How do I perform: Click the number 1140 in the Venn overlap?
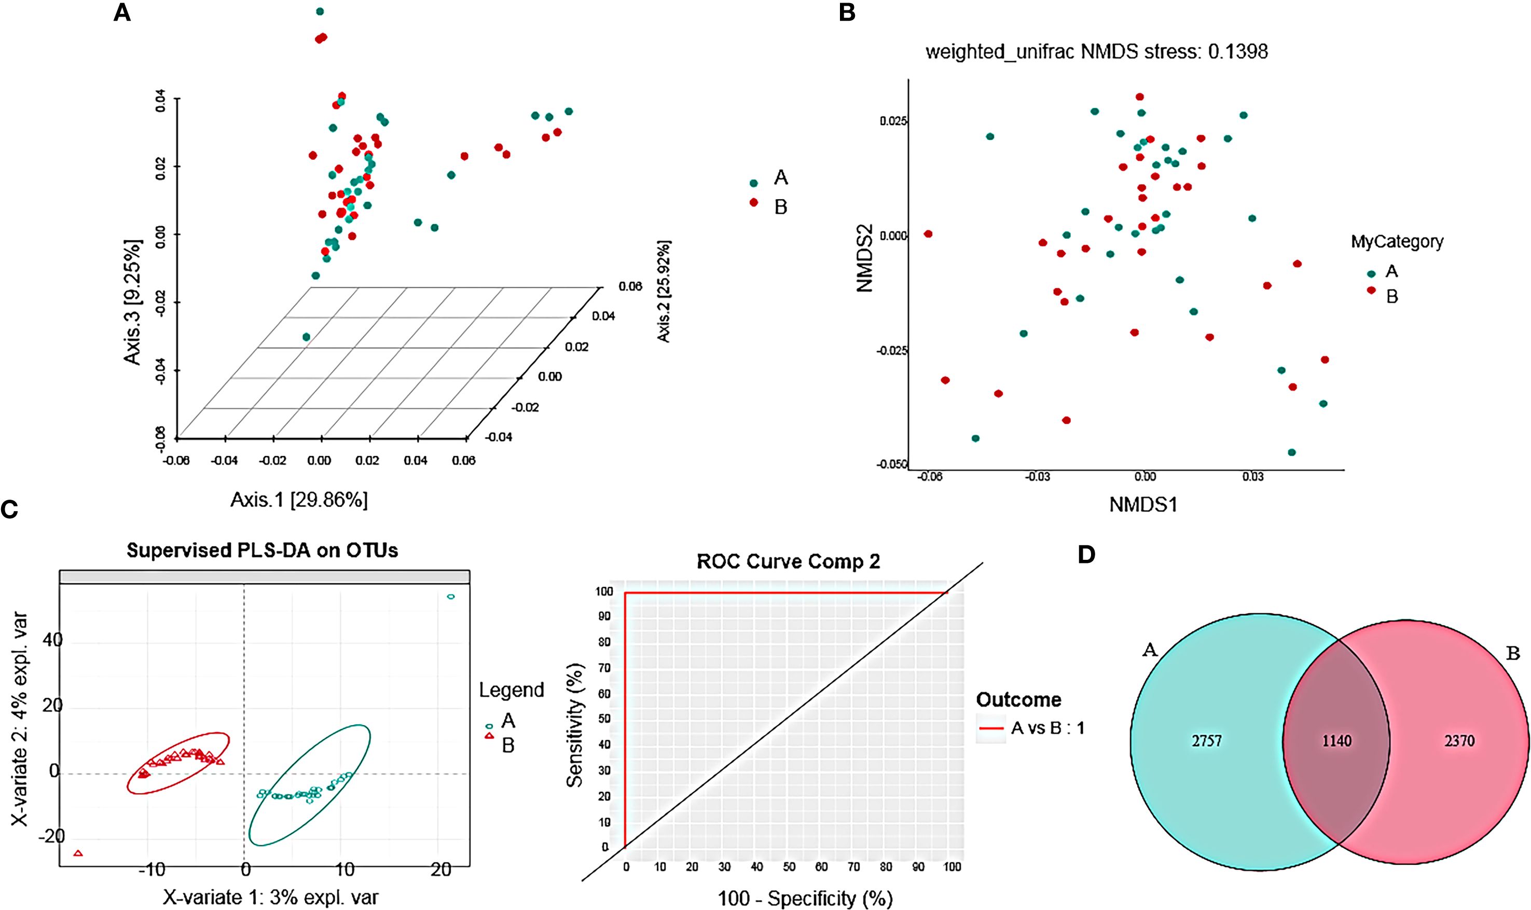pyautogui.click(x=1336, y=741)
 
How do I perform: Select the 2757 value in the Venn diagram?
pyautogui.click(x=1206, y=741)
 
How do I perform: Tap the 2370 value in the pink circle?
pyautogui.click(x=1459, y=741)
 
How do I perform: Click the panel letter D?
pyautogui.click(x=1086, y=555)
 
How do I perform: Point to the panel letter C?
pyautogui.click(x=9, y=510)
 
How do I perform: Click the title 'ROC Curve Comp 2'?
pyautogui.click(x=788, y=562)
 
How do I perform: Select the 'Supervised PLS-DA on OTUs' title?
pyautogui.click(x=263, y=550)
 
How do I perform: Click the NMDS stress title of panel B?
pyautogui.click(x=1096, y=51)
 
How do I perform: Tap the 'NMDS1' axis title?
pyautogui.click(x=1143, y=505)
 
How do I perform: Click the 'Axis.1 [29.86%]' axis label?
pyautogui.click(x=299, y=500)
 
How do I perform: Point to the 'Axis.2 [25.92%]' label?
pyautogui.click(x=664, y=291)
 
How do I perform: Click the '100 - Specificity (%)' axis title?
pyautogui.click(x=805, y=899)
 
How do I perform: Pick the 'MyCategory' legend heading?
pyautogui.click(x=1397, y=242)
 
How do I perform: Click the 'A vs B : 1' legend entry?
pyautogui.click(x=1047, y=728)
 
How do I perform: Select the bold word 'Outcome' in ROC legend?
pyautogui.click(x=1018, y=700)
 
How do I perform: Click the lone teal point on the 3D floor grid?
pyautogui.click(x=307, y=337)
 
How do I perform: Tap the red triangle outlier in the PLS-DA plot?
pyautogui.click(x=78, y=853)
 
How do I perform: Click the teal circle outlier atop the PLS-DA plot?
pyautogui.click(x=451, y=597)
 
